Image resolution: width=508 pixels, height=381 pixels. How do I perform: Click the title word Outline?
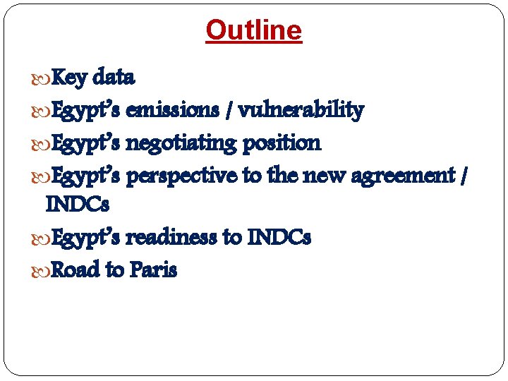click(253, 30)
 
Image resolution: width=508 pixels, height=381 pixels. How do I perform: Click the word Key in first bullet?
click(70, 76)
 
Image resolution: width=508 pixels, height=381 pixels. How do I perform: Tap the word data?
click(114, 76)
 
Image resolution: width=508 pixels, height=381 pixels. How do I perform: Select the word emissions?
click(173, 110)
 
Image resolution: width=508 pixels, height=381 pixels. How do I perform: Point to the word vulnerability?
click(301, 110)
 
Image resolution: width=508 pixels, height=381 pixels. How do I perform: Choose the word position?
click(282, 143)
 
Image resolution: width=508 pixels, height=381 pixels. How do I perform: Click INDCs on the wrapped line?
click(77, 205)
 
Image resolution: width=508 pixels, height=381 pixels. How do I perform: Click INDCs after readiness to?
click(279, 237)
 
